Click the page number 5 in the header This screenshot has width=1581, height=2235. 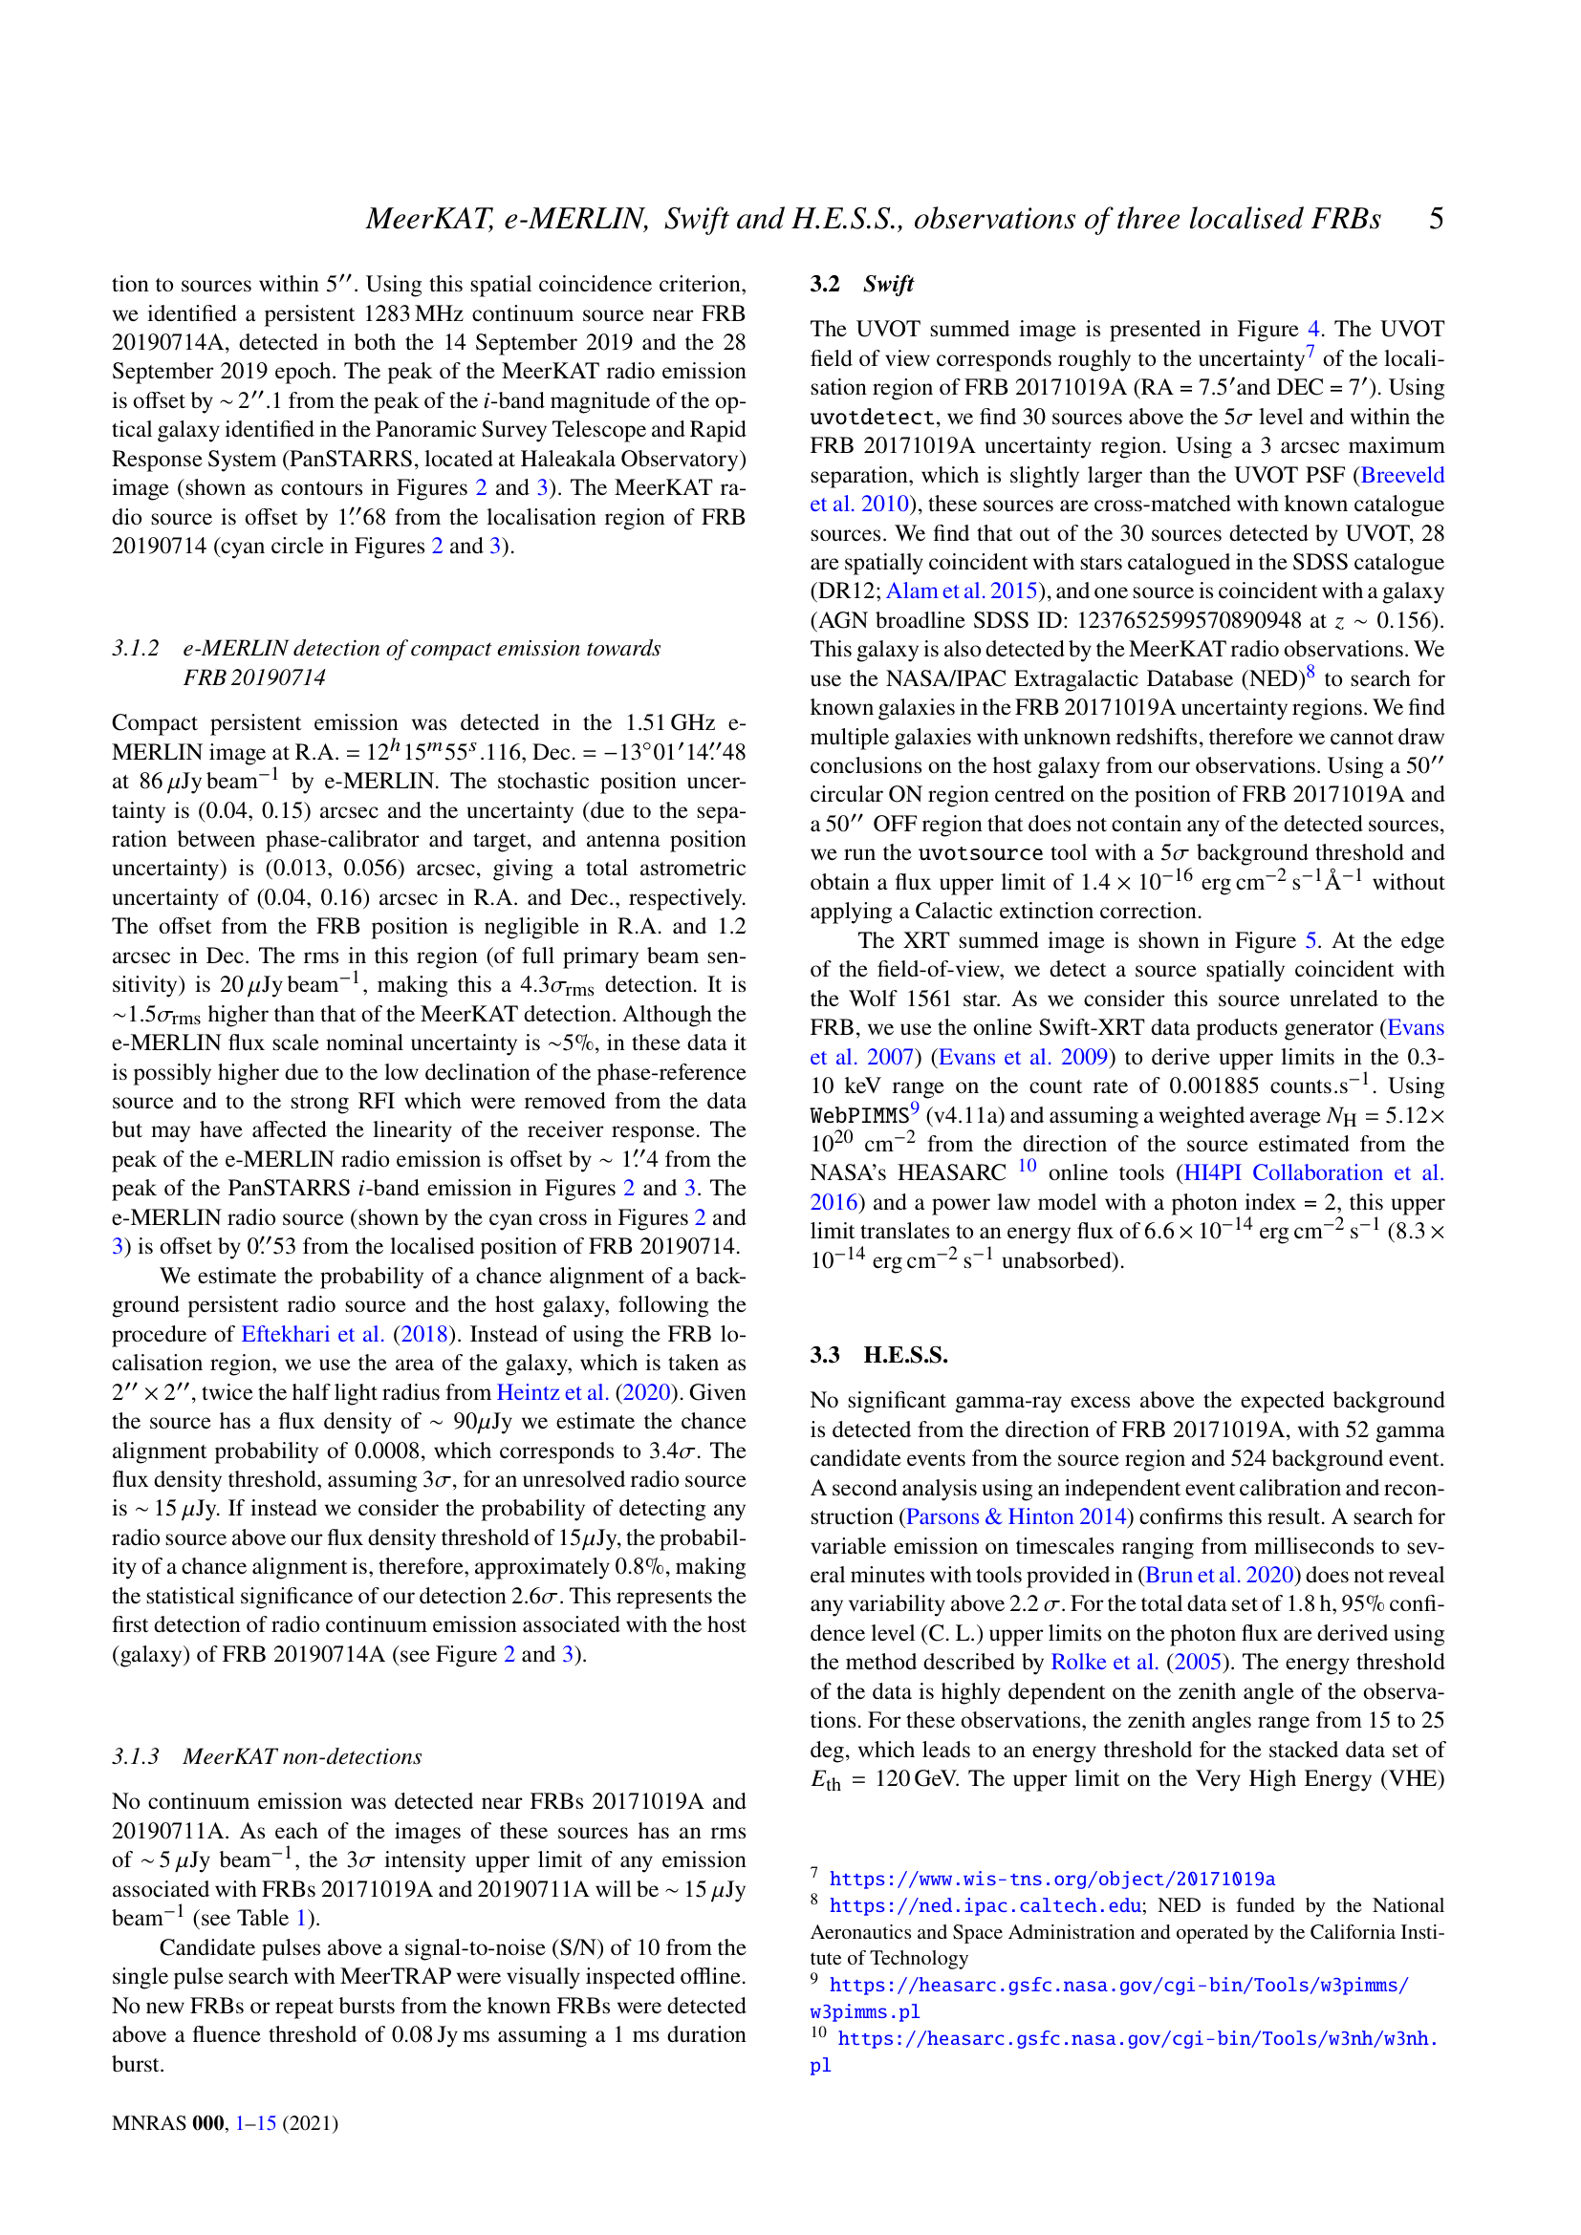[x=1436, y=218]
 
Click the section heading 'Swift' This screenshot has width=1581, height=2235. [x=888, y=283]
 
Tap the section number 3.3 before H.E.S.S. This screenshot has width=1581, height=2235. [x=825, y=1354]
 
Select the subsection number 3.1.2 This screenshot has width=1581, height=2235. [x=136, y=648]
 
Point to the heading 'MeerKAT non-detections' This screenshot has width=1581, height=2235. [x=302, y=1756]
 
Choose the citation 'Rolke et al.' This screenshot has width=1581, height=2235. [x=1104, y=1662]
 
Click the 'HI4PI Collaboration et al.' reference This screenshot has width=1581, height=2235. [x=1313, y=1173]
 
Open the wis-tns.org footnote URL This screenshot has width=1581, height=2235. [x=1051, y=1879]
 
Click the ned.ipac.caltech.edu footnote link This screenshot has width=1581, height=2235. [x=985, y=1905]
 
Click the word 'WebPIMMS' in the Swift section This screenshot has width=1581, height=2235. [x=858, y=1115]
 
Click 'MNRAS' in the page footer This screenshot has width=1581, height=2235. [x=149, y=2122]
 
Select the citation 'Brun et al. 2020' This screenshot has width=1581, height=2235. [x=1213, y=1575]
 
